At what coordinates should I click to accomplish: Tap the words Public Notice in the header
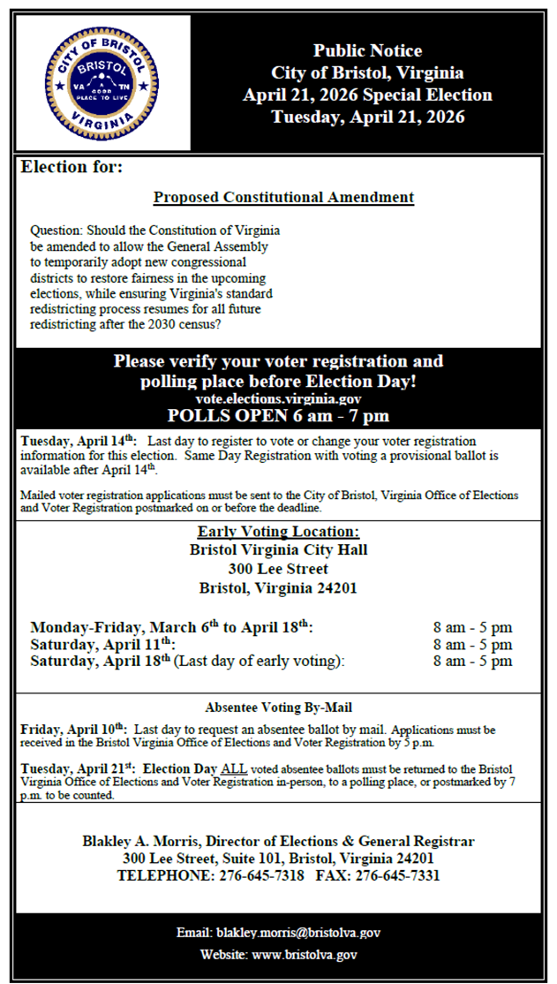coord(367,51)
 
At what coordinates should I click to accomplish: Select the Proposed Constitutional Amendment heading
coord(283,197)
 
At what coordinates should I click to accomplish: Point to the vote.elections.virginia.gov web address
coord(278,399)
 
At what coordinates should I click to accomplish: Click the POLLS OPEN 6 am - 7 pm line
coord(278,416)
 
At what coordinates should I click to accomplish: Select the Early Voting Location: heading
coord(278,532)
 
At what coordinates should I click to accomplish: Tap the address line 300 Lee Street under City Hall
coord(278,569)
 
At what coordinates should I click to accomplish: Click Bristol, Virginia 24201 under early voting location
coord(278,588)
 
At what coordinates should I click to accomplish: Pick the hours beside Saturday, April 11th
coord(472,645)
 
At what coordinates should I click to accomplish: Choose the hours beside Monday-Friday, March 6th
coord(472,628)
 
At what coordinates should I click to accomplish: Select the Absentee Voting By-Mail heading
coord(279,708)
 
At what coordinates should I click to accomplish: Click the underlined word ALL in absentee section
coord(235,769)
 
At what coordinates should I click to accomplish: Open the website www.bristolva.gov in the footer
coord(305,955)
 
